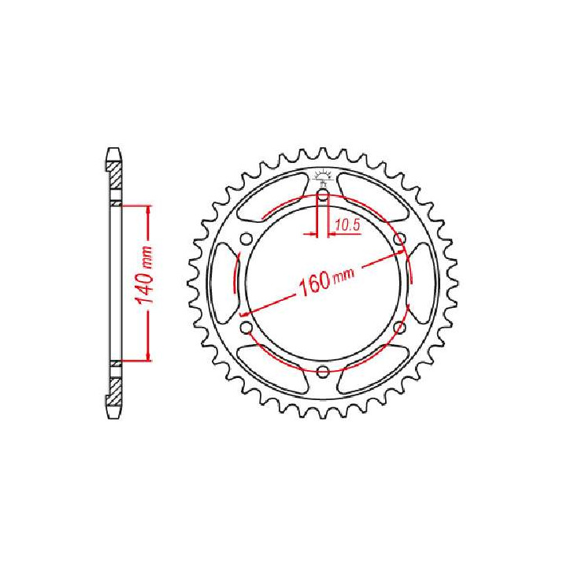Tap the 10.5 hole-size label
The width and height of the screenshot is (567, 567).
pyautogui.click(x=346, y=225)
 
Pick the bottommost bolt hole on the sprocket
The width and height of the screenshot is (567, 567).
pyautogui.click(x=323, y=372)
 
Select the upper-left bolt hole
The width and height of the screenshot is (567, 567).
pyautogui.click(x=246, y=239)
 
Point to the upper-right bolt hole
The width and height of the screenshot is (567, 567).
pyautogui.click(x=398, y=239)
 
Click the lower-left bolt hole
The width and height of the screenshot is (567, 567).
pyautogui.click(x=246, y=327)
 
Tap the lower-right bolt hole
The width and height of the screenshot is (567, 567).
pyautogui.click(x=398, y=327)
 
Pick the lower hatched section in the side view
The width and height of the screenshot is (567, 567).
pyautogui.click(x=116, y=391)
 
